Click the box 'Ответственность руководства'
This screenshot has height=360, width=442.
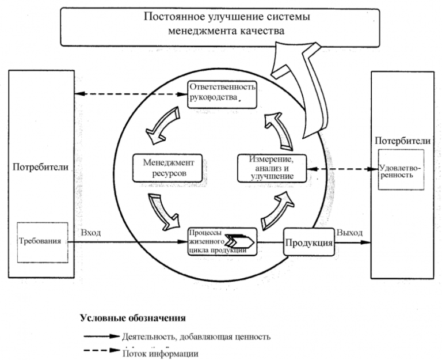tap(222, 92)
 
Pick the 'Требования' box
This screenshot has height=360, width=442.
tap(38, 241)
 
